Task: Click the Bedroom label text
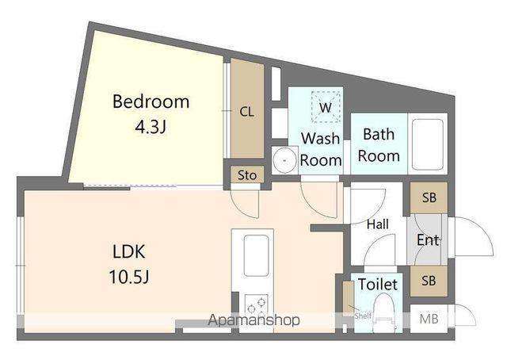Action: pos(151,101)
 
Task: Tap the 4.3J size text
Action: pos(151,127)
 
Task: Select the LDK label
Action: pos(129,251)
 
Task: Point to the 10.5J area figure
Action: pos(129,277)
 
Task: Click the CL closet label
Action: pos(247,112)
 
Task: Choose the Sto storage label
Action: pos(247,175)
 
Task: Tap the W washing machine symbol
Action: pos(326,107)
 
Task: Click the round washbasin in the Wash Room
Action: pos(284,160)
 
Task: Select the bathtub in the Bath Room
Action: pos(428,144)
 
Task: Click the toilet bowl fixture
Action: pos(384,313)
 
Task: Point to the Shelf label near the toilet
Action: pos(363,316)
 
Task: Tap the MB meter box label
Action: pos(429,320)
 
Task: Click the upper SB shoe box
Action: pos(429,197)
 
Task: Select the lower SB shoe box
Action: pos(429,281)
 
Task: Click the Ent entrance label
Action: pos(428,240)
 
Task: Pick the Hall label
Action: pos(378,224)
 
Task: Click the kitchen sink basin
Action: pos(257,255)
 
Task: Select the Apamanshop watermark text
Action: pos(253,320)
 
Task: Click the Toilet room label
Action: pos(378,285)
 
